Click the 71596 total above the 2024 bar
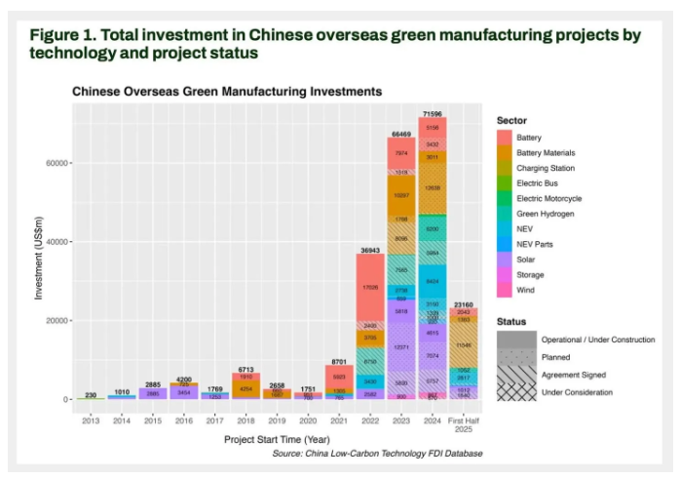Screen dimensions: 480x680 (x=432, y=115)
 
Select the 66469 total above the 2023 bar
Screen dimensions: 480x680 (x=400, y=133)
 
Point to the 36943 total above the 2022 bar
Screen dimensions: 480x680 (x=370, y=251)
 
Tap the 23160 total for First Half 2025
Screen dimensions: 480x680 (x=462, y=305)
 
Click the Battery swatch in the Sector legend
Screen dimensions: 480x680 (x=504, y=138)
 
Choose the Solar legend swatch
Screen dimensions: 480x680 (x=504, y=260)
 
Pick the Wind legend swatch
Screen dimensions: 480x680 (x=504, y=290)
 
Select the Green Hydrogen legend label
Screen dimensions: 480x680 (x=545, y=214)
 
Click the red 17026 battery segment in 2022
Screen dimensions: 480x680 (x=370, y=288)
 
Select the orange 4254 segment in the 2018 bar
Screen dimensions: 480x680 (x=246, y=388)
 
